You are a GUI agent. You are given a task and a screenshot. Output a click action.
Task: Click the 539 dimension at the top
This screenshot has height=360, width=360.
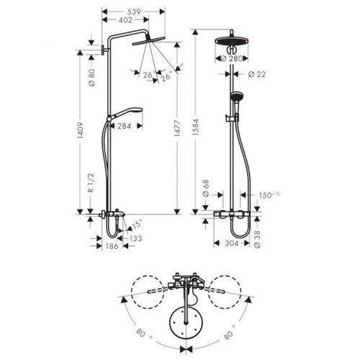click(134, 12)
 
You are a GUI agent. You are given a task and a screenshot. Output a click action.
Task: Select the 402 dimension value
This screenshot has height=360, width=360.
click(125, 20)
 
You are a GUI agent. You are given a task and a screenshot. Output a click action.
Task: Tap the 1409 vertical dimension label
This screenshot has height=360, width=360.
click(81, 130)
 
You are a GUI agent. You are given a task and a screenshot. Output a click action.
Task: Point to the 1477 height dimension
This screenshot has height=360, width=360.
click(177, 129)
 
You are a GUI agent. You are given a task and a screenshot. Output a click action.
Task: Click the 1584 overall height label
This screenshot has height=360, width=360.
click(196, 127)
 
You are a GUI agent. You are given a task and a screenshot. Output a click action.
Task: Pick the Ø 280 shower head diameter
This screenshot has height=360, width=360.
click(232, 58)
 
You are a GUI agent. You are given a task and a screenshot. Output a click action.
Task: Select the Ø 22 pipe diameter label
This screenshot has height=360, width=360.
click(257, 74)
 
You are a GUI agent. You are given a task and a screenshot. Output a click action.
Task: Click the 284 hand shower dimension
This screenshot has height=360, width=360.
click(125, 126)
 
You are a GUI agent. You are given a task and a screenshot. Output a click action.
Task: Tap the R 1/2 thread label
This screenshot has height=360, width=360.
click(91, 183)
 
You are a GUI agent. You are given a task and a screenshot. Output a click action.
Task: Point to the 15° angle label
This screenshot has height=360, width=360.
click(137, 224)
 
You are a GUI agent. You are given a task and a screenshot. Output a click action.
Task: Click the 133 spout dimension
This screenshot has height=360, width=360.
click(135, 238)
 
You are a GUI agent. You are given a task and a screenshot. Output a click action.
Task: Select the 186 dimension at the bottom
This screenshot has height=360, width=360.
click(112, 246)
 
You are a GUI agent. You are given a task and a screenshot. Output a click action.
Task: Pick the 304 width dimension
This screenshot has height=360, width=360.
click(232, 243)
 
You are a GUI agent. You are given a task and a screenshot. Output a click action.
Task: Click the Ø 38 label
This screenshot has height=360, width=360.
click(257, 239)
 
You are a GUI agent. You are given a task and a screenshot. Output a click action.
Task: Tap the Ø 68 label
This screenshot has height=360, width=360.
click(206, 188)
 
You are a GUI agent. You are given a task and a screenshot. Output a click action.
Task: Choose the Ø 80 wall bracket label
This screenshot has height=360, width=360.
click(91, 77)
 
